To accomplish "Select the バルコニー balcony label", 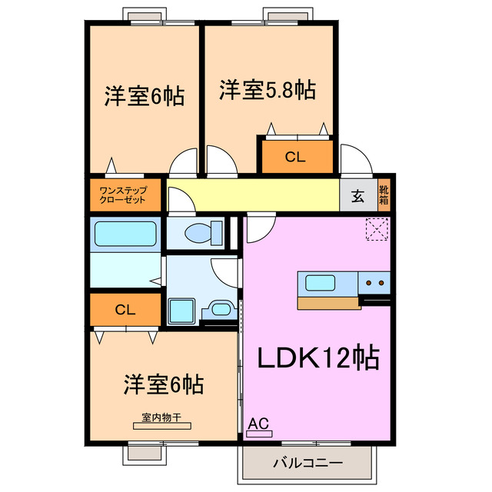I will coord(307,464).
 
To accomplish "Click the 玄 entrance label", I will coord(358,194).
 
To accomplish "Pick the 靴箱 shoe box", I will coord(384,194).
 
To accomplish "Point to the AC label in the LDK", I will coord(258,423).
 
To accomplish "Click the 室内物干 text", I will coord(161,418).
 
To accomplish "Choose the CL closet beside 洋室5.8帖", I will coord(295,158).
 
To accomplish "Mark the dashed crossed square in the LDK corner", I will coord(377,229).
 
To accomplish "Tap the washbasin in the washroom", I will coord(220,310).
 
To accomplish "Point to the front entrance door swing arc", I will coord(356,159).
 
